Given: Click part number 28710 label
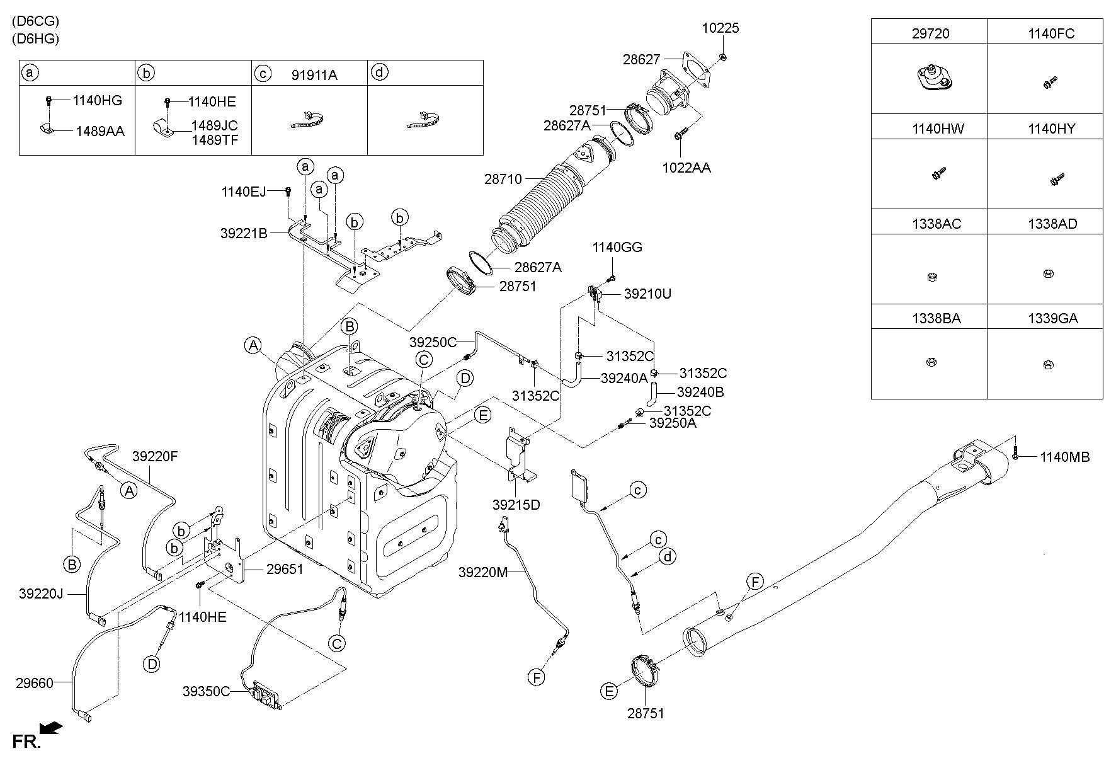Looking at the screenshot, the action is pos(503,179).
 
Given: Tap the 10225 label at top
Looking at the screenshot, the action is pos(721,28).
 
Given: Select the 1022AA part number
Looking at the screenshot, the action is pos(686,168).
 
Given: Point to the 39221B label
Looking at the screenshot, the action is pos(244,233).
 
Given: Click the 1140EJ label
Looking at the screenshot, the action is pos(244,192).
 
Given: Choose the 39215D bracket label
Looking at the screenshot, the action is pos(516,505).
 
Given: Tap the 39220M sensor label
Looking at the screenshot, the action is pos(483,572).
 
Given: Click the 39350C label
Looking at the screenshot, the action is pos(207,691).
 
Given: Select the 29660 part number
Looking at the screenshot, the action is pos(35,682).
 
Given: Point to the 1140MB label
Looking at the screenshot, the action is pos(1064,457).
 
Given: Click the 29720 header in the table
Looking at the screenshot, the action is pos(930,33).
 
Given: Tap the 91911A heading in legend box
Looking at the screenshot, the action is pos(314,75).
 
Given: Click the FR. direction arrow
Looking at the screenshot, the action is pos(51,728).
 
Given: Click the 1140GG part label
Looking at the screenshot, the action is pos(617,248).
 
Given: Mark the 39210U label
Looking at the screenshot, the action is pos(648,294).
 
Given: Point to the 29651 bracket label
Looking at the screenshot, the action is pos(285,570).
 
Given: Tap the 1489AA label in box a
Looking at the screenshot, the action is pos(100,131).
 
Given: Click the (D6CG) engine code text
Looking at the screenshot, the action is pos(35,21).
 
